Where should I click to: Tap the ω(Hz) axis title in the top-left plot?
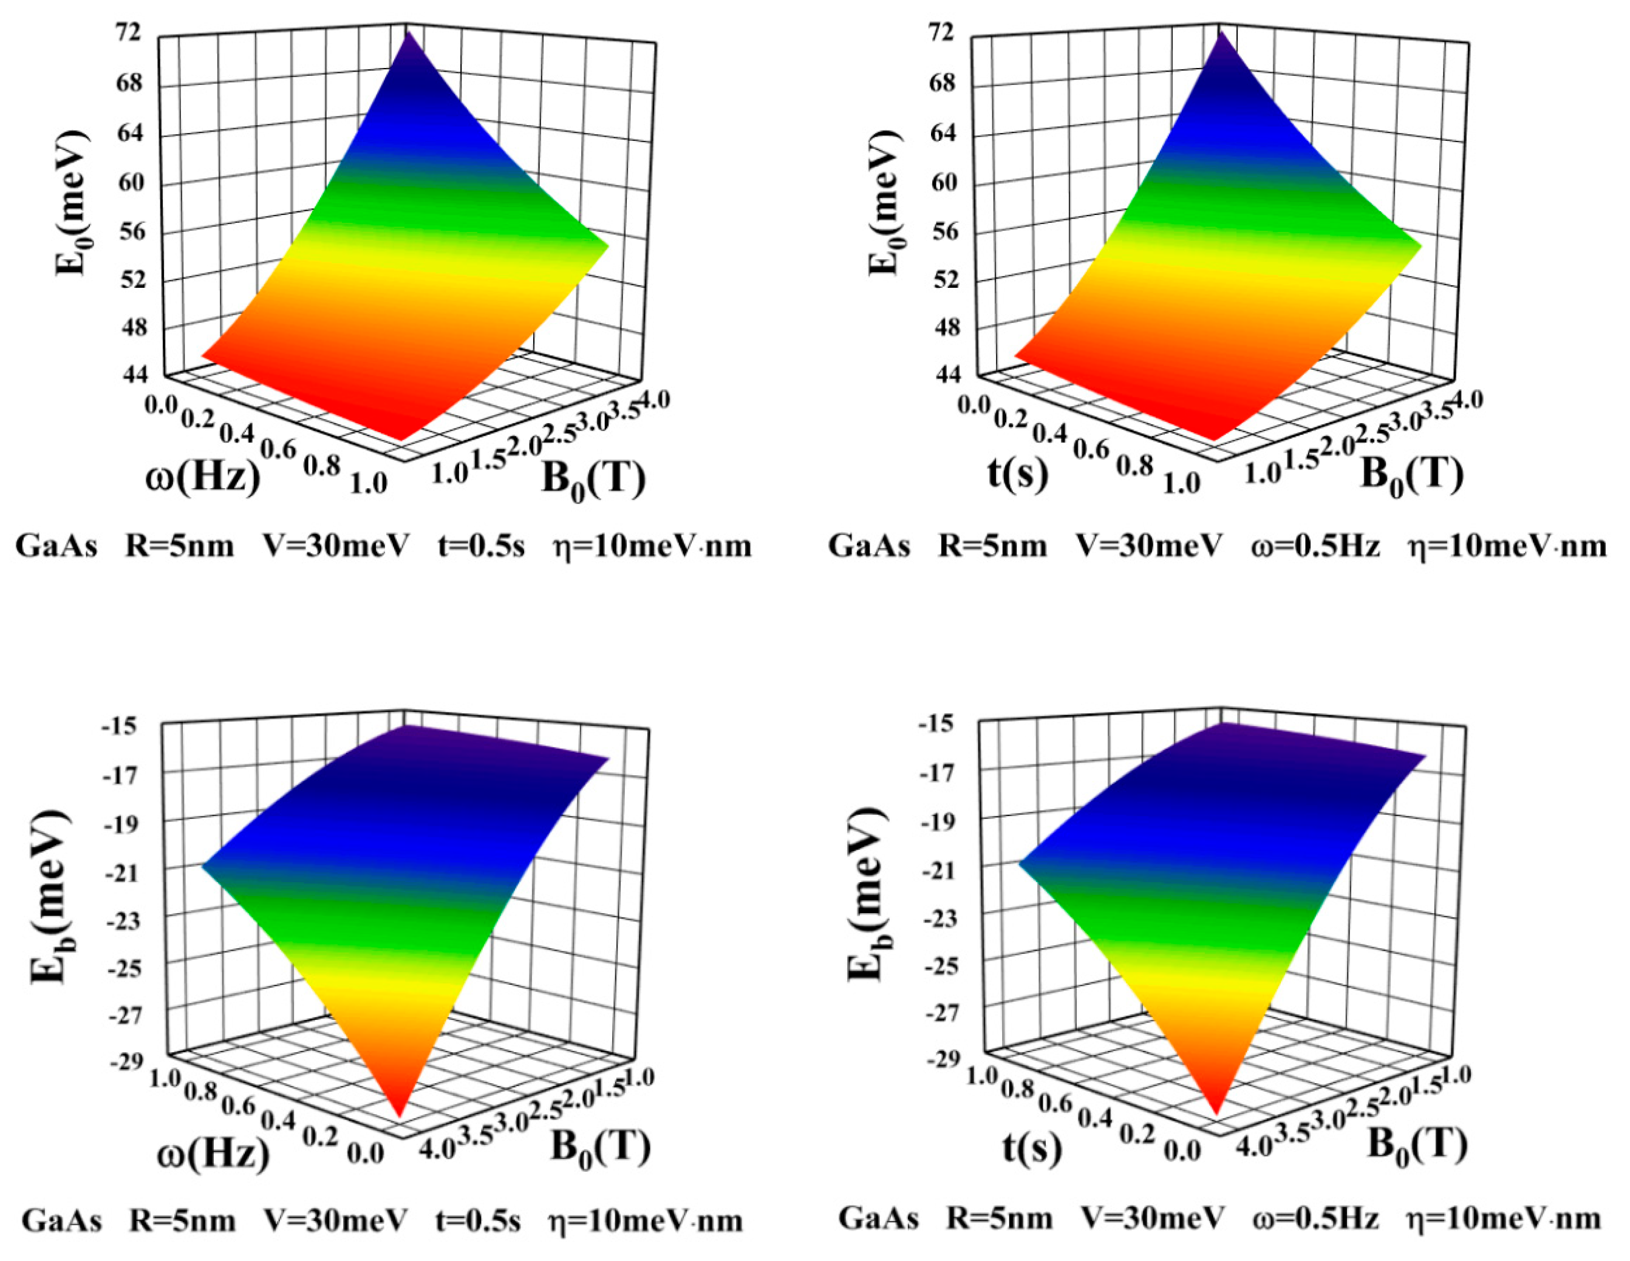pyautogui.click(x=203, y=476)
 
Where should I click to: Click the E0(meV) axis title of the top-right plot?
pyautogui.click(x=887, y=203)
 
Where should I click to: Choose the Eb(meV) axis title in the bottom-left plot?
pyautogui.click(x=51, y=897)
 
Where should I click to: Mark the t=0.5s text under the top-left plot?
pyautogui.click(x=480, y=546)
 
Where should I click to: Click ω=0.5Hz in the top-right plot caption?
pyautogui.click(x=1315, y=546)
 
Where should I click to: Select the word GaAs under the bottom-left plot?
pyautogui.click(x=61, y=1222)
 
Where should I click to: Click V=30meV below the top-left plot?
pyautogui.click(x=336, y=546)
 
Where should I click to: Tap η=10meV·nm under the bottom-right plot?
pyautogui.click(x=1505, y=1219)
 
